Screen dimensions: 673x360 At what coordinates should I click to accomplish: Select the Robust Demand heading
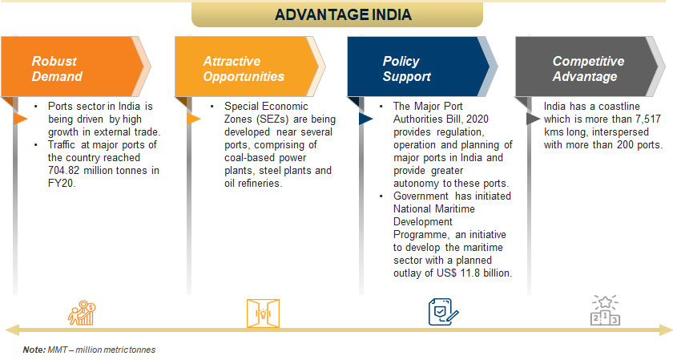coord(57,69)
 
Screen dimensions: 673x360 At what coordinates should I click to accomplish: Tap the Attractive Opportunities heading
coord(244,69)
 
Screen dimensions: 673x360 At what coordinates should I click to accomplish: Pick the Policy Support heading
coord(406,69)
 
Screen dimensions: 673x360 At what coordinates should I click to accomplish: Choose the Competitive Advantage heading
coord(588,69)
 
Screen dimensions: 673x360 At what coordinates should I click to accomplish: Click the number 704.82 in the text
coord(63,171)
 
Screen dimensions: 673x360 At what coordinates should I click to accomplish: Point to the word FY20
coord(62,184)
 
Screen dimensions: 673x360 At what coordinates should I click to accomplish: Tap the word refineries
coord(260,184)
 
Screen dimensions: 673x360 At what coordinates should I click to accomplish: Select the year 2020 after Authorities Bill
coord(478,119)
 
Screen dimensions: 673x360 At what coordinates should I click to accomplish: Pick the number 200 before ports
coord(626,145)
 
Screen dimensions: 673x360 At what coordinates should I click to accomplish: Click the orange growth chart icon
coord(82,313)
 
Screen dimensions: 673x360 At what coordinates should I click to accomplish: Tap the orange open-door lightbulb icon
coord(263,313)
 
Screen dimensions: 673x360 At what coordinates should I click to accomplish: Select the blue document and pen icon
coord(443,312)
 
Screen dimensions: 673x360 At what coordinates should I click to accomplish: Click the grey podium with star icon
coord(605,310)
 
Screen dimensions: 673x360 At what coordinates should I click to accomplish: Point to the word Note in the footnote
coord(34,350)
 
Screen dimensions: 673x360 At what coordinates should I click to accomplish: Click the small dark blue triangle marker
coord(365,119)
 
